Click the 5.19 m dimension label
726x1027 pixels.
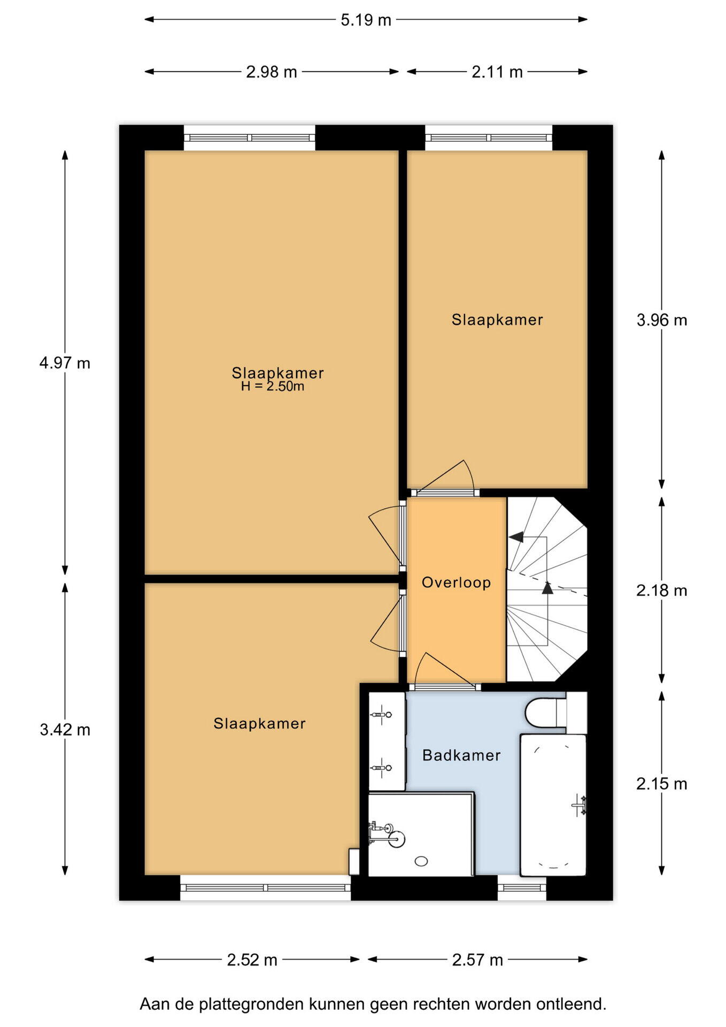pyautogui.click(x=366, y=20)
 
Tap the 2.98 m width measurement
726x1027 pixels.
pyautogui.click(x=272, y=72)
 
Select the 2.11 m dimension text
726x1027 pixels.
pyautogui.click(x=497, y=72)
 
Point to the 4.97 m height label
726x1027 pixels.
pyautogui.click(x=65, y=363)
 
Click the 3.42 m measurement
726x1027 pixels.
pyautogui.click(x=65, y=730)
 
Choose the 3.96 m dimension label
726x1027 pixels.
pyautogui.click(x=662, y=320)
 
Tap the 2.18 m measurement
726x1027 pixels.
pyautogui.click(x=662, y=591)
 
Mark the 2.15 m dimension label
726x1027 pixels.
pyautogui.click(x=662, y=784)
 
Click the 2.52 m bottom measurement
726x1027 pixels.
pyautogui.click(x=252, y=960)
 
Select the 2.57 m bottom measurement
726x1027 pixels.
pyautogui.click(x=478, y=960)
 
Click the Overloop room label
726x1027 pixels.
pyautogui.click(x=456, y=583)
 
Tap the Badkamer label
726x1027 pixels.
pyautogui.click(x=461, y=755)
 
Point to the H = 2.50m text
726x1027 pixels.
pyautogui.click(x=273, y=387)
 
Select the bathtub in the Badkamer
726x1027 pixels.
pyautogui.click(x=553, y=805)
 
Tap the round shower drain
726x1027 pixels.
pyautogui.click(x=421, y=861)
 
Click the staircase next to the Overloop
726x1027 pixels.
pyautogui.click(x=546, y=589)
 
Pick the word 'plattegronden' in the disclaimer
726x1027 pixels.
pyautogui.click(x=251, y=1004)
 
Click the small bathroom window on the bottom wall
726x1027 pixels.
pyautogui.click(x=522, y=888)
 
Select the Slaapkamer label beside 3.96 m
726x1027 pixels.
pyautogui.click(x=497, y=320)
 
